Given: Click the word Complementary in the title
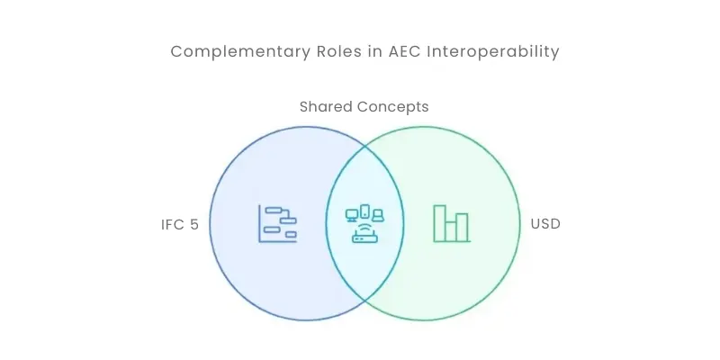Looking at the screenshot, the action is pos(240,52).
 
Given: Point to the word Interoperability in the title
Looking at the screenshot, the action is pos(493,52).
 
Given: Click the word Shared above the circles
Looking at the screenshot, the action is pos(326,106).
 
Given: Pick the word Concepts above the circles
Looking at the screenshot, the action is pos(393,107).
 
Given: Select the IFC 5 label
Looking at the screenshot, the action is pos(179,224).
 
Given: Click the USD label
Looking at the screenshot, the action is pos(545,224).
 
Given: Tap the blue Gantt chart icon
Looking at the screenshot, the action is pos(277,223).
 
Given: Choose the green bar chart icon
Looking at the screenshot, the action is pos(452,223).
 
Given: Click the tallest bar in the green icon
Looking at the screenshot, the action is pos(440,223).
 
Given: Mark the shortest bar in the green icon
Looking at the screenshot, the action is pos(451,231).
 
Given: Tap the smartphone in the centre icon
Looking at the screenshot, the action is pos(365,211).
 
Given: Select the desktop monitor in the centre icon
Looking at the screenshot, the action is pos(352,215).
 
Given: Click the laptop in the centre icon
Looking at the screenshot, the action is pos(377,215).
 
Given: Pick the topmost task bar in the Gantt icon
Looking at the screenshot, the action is pos(274,210).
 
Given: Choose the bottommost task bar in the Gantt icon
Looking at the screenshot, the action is pos(291,234).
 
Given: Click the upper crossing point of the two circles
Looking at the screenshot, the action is pos(365,147).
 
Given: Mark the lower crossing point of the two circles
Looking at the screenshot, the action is pos(365,301).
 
